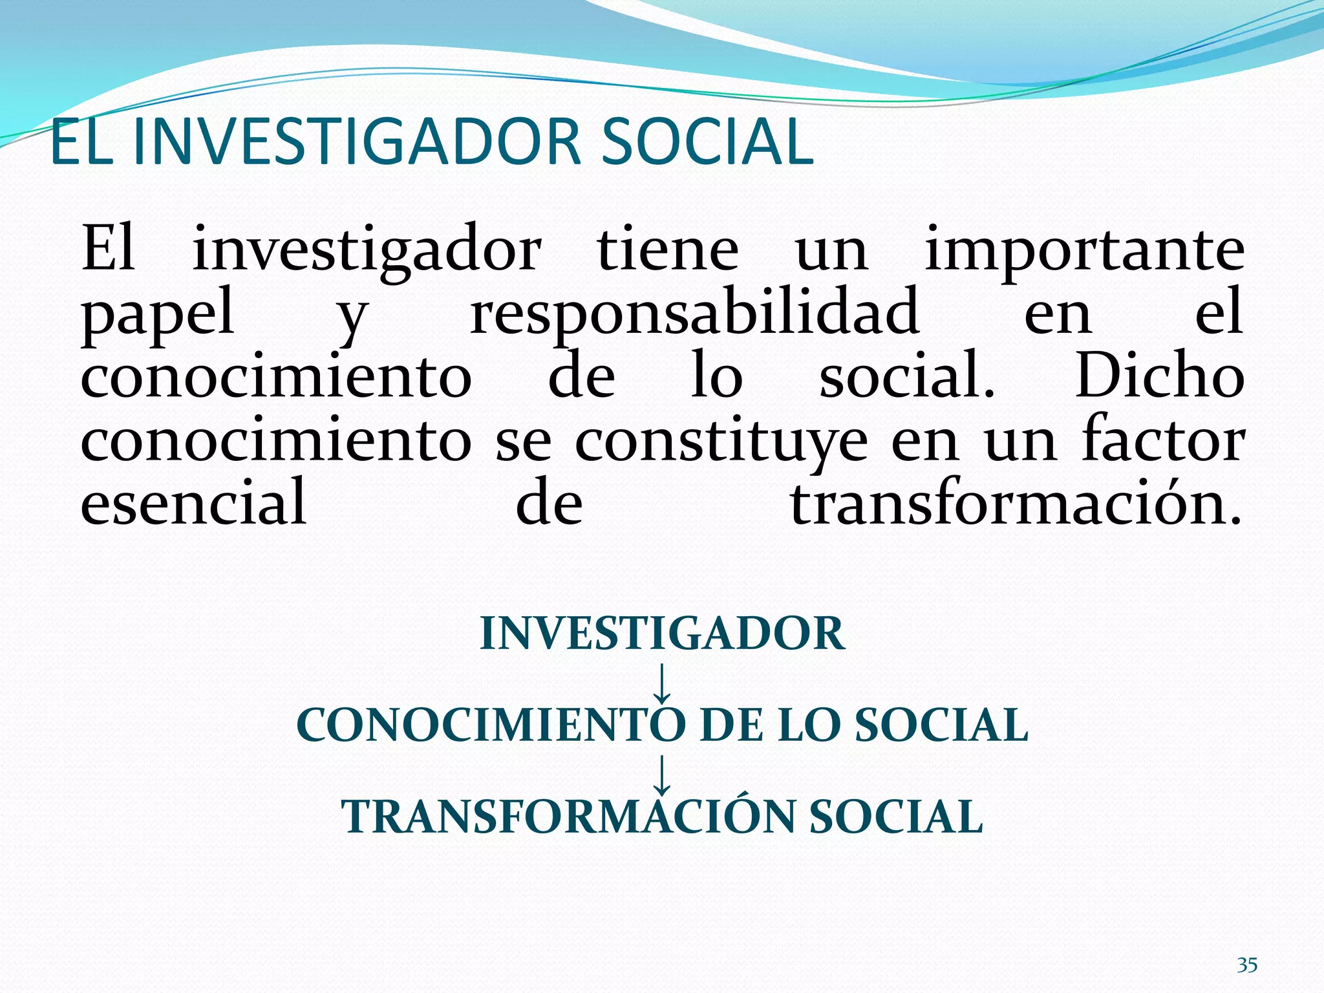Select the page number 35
pyautogui.click(x=1247, y=965)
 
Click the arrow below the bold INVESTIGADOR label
pyautogui.click(x=661, y=683)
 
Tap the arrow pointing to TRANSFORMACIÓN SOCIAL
pyautogui.click(x=661, y=774)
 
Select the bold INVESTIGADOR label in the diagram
pyautogui.click(x=662, y=634)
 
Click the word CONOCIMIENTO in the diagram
pyautogui.click(x=491, y=725)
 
